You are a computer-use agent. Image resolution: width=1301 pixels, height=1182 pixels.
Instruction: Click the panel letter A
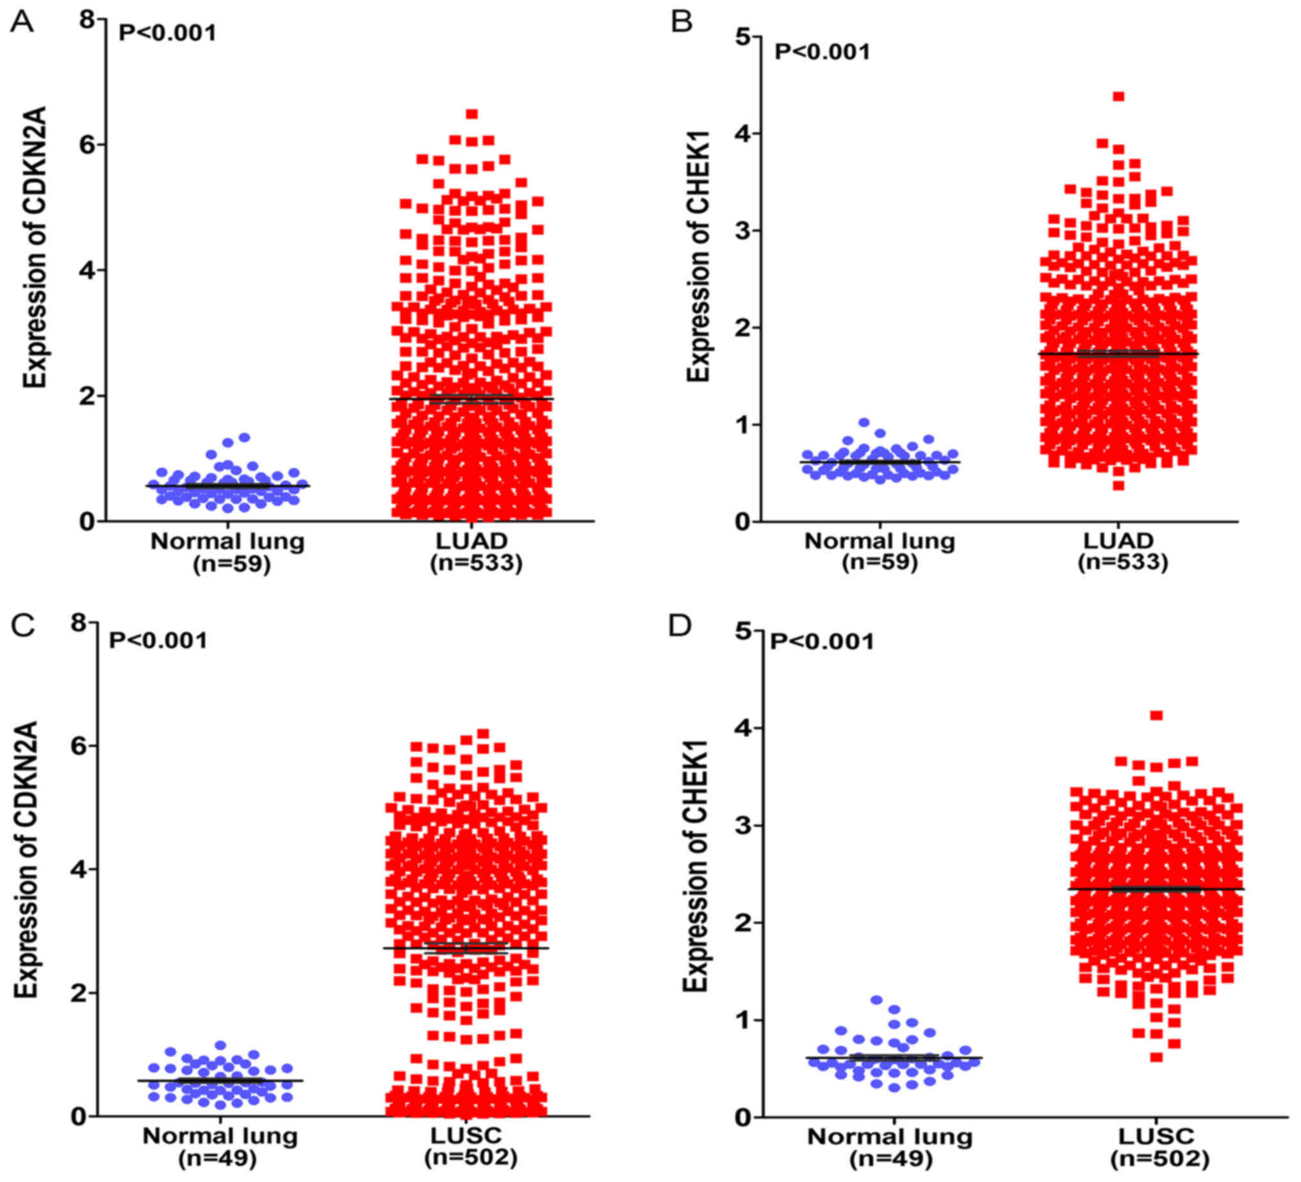point(22,22)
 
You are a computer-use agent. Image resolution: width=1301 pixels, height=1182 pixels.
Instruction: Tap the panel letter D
point(680,626)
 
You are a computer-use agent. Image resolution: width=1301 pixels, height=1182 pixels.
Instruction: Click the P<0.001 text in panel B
point(822,52)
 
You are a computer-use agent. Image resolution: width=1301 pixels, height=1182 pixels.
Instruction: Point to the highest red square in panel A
point(471,114)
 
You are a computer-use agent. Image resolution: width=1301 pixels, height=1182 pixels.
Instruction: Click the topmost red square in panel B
point(1118,97)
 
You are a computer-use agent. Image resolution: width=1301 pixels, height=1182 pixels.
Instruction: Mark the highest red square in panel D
point(1156,715)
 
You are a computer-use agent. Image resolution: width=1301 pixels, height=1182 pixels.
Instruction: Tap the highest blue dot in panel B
point(864,423)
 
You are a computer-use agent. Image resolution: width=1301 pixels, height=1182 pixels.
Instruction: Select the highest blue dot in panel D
point(876,1000)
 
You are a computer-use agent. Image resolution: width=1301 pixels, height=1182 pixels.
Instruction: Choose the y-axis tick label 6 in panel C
point(78,745)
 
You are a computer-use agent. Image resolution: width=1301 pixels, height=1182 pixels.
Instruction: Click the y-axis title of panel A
point(35,247)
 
